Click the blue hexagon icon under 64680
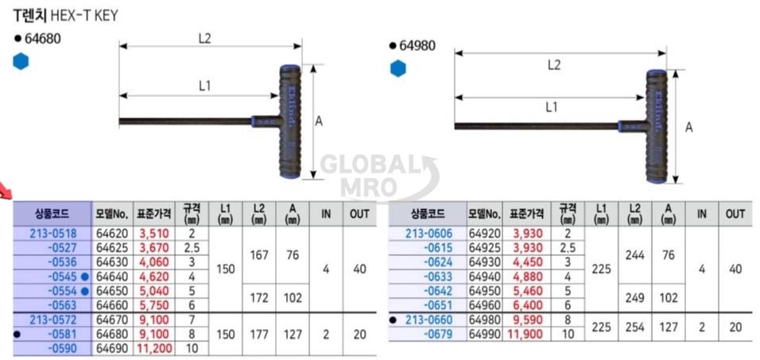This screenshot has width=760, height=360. tap(21, 61)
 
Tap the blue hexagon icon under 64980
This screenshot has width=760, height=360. tap(398, 68)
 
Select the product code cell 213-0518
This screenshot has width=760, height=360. tap(52, 234)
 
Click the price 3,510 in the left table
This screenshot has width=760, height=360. tap(153, 234)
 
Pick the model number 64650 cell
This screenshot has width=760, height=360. tap(112, 291)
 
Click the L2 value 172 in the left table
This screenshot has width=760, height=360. tap(259, 297)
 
